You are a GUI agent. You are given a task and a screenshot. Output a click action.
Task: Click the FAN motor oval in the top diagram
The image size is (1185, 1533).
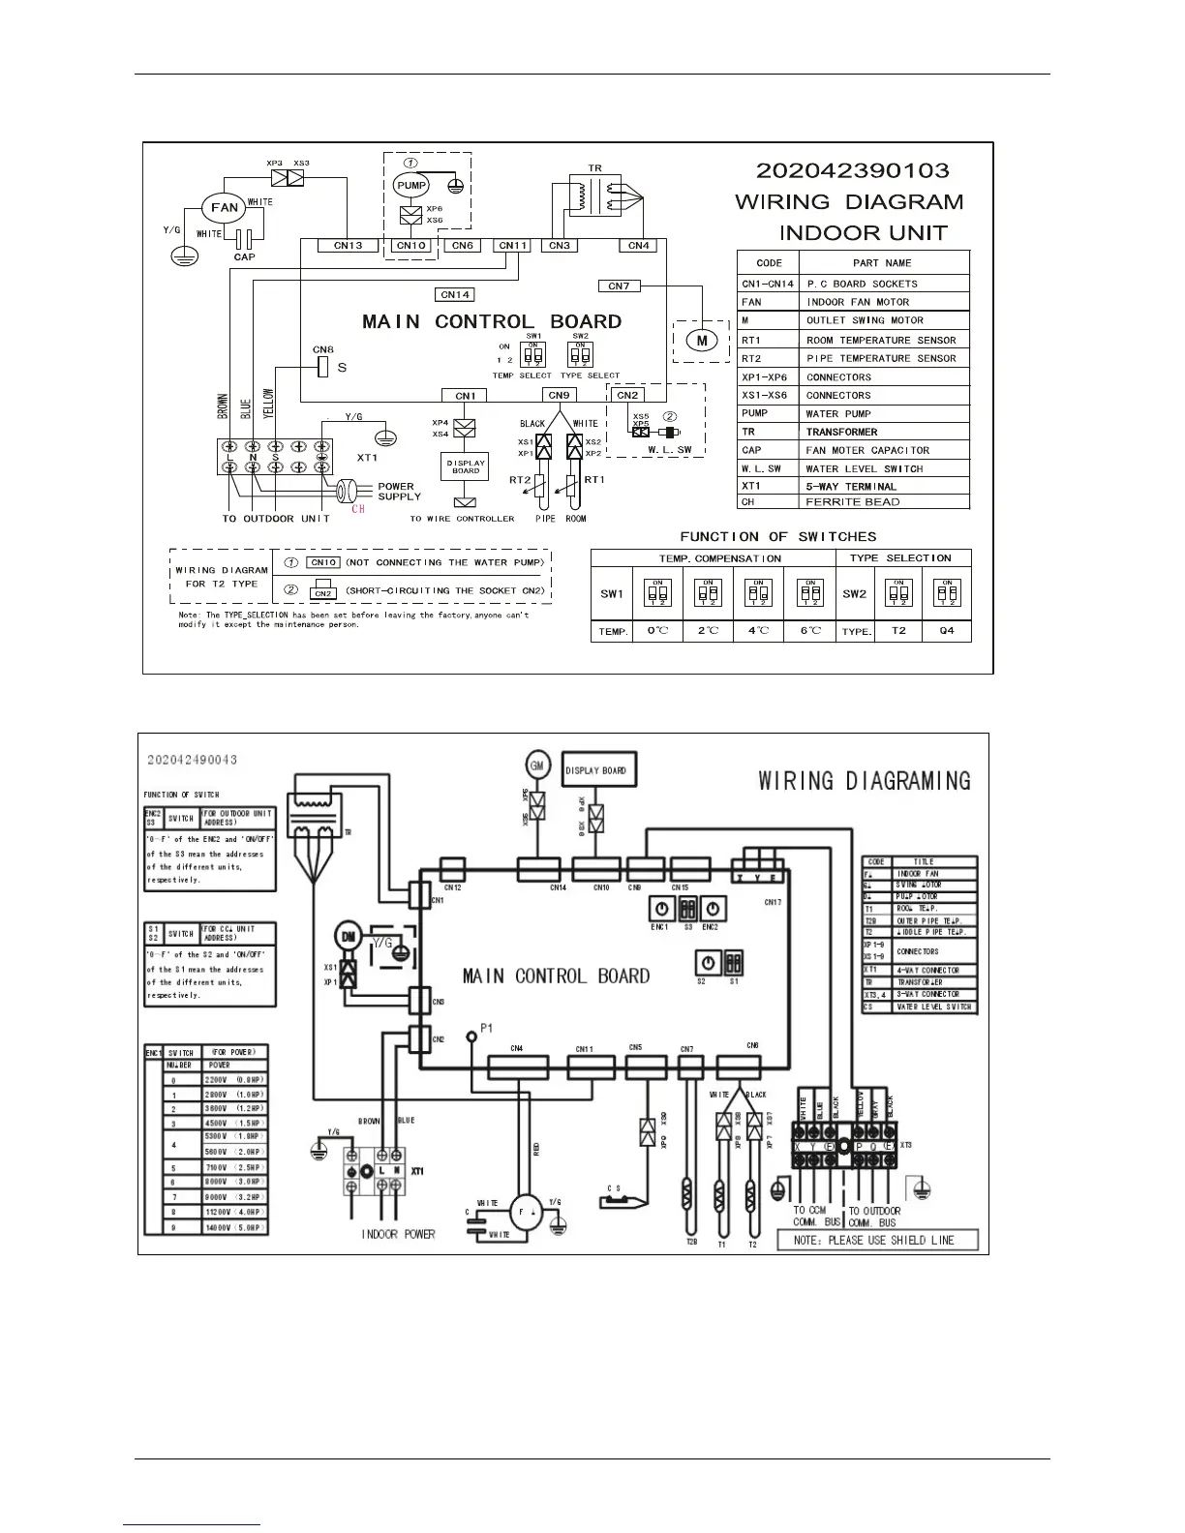(225, 207)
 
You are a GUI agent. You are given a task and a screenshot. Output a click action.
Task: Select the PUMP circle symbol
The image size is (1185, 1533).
(410, 185)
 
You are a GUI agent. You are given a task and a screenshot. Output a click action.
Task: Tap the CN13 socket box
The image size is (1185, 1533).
(348, 246)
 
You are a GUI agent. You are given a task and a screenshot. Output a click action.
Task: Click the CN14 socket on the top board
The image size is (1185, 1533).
(454, 294)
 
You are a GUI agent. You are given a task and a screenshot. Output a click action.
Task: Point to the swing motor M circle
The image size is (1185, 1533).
(701, 340)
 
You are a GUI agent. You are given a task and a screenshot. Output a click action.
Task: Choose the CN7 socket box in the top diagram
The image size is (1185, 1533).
(619, 286)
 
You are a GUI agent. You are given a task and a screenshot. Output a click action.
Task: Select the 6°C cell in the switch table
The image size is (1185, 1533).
(810, 631)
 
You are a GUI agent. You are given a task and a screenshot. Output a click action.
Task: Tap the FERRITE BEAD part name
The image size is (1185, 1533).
(853, 501)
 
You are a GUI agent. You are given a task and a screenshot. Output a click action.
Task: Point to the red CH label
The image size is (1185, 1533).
(358, 509)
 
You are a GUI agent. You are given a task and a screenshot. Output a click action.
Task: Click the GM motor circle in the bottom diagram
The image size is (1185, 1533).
(536, 765)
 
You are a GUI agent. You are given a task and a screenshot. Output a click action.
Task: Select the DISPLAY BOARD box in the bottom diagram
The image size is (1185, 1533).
(595, 770)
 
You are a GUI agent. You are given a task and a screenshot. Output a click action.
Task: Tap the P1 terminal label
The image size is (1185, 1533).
(487, 1028)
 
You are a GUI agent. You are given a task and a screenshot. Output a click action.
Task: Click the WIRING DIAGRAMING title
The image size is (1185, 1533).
(864, 780)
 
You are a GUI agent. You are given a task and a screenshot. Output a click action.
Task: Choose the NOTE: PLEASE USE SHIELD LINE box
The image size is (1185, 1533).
(877, 1240)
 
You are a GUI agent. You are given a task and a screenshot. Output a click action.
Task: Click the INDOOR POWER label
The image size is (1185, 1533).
(398, 1234)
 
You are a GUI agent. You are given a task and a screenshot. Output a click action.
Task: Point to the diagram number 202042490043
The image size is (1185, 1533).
(193, 760)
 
